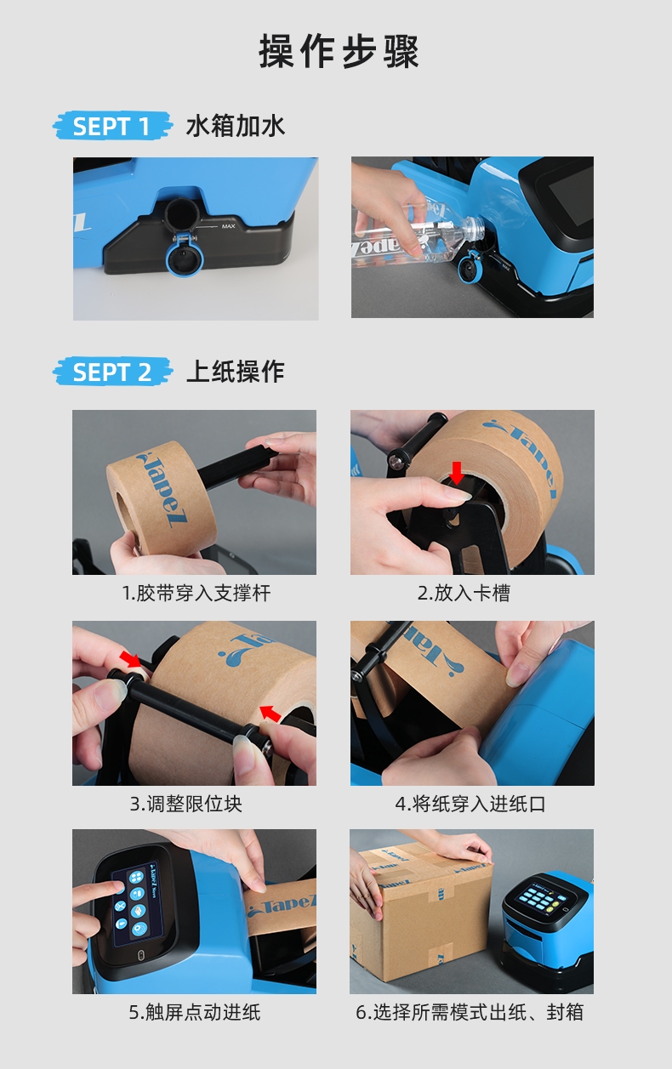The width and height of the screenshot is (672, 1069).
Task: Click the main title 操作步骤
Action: (x=339, y=52)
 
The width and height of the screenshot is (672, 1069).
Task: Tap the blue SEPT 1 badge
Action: (x=111, y=127)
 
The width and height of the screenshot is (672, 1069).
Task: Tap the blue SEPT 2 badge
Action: (x=111, y=372)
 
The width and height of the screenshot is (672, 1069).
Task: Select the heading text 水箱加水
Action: (x=235, y=127)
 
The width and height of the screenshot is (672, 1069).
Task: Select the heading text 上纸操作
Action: (x=235, y=372)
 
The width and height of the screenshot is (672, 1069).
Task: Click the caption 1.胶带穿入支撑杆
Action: (x=196, y=593)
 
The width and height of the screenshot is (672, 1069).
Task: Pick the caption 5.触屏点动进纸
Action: (x=195, y=1012)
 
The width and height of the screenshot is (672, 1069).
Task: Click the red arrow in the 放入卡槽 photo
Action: (x=458, y=473)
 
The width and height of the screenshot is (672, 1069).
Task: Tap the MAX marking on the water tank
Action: (x=228, y=226)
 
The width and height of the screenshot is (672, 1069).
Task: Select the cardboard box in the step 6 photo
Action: (x=417, y=910)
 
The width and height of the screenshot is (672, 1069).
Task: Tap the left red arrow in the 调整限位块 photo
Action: (x=132, y=660)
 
